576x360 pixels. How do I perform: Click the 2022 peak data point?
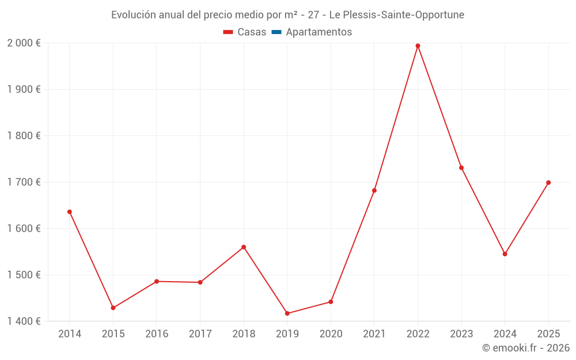pyautogui.click(x=418, y=46)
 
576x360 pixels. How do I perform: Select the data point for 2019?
pyautogui.click(x=287, y=313)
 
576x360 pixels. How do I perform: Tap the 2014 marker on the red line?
pyautogui.click(x=70, y=212)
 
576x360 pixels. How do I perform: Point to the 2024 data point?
pyautogui.click(x=505, y=254)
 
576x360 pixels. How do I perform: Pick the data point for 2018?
pyautogui.click(x=244, y=247)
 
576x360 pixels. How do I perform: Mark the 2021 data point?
pyautogui.click(x=374, y=191)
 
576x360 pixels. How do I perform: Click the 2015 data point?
pyautogui.click(x=113, y=308)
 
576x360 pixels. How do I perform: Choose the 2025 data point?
pyautogui.click(x=548, y=183)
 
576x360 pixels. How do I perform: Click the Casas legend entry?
pyautogui.click(x=252, y=32)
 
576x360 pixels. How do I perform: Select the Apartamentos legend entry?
pyautogui.click(x=319, y=32)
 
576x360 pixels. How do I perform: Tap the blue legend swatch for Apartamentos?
pyautogui.click(x=276, y=32)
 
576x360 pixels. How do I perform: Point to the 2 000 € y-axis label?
pyautogui.click(x=24, y=43)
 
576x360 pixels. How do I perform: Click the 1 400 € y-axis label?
pyautogui.click(x=24, y=321)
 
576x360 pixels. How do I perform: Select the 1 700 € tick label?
pyautogui.click(x=24, y=182)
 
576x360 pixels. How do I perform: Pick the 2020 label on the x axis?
pyautogui.click(x=331, y=334)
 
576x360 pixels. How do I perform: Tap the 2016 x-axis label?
pyautogui.click(x=157, y=334)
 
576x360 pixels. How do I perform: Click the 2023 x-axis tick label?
pyautogui.click(x=461, y=334)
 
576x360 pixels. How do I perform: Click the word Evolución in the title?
pyautogui.click(x=132, y=15)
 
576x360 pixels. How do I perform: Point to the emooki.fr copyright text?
pyautogui.click(x=526, y=348)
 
